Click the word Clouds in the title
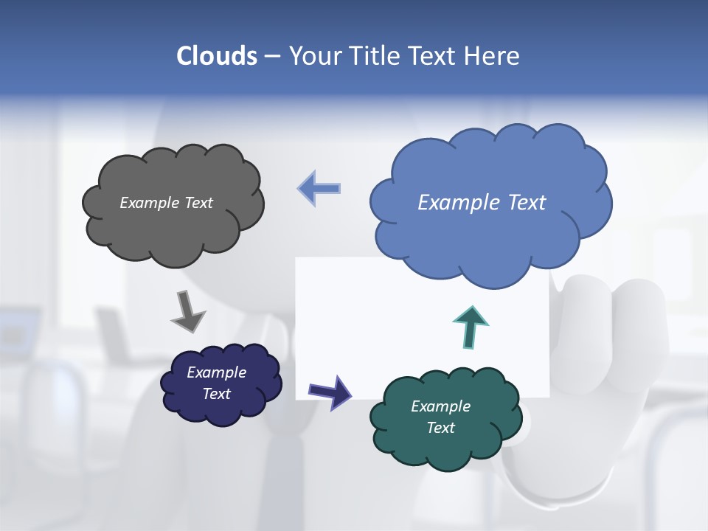(x=217, y=56)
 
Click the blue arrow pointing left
(x=319, y=188)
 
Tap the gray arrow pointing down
(x=188, y=311)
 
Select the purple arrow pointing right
(x=330, y=392)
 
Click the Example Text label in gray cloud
(x=166, y=203)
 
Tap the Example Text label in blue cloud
(x=482, y=203)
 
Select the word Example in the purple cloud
(x=216, y=372)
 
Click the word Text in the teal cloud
(x=440, y=428)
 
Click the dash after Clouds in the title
(x=272, y=56)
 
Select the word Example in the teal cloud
(x=440, y=406)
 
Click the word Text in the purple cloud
(x=216, y=394)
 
